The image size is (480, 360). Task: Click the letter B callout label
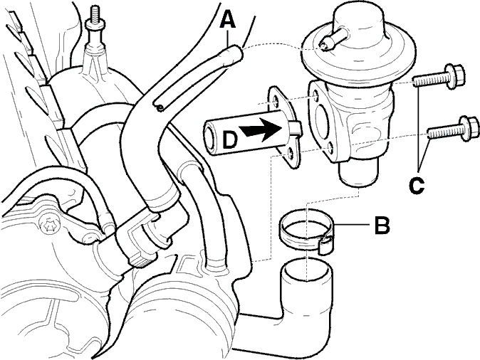(x=382, y=225)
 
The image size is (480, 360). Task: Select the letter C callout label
(x=417, y=186)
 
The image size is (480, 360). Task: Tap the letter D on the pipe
(x=229, y=139)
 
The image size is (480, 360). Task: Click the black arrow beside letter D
(x=262, y=130)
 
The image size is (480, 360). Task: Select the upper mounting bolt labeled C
(x=439, y=77)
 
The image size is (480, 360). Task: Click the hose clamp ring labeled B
(x=307, y=231)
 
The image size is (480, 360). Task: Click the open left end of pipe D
(x=211, y=137)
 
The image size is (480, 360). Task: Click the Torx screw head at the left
(x=49, y=226)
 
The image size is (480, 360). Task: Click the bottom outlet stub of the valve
(x=358, y=174)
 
